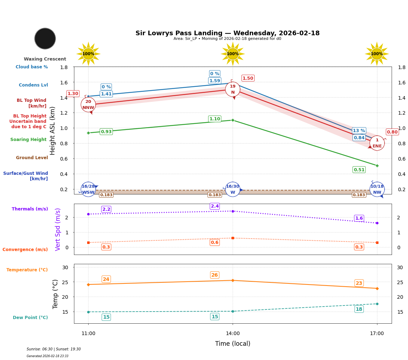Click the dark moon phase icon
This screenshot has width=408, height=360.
pos(45,38)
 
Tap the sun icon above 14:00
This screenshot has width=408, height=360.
pos(233,54)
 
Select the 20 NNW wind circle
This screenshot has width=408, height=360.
pos(88,105)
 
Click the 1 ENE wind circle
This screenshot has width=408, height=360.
pos(377,143)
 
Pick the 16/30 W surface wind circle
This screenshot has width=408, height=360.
pos(233,189)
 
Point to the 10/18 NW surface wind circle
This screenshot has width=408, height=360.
pos(377,189)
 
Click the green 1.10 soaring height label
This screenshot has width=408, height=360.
pos(214,119)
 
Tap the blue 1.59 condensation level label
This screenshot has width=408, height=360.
pos(214,81)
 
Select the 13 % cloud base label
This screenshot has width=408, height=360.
pos(359,131)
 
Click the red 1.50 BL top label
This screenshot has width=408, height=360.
pos(248,78)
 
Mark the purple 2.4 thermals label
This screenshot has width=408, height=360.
pos(214,206)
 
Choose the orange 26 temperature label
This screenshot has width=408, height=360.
pos(214,275)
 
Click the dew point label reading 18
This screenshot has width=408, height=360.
pos(359,309)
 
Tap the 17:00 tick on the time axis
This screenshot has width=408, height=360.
pos(377,334)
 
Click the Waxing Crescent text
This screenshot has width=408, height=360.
pos(45,59)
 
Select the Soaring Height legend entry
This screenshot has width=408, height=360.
pos(28,140)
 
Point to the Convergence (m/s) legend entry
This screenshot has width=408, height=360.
pos(25,250)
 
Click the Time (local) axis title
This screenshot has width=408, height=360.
pos(233,344)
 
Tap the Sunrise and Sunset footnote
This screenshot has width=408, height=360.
pos(54,349)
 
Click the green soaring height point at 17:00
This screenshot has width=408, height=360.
pos(377,166)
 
